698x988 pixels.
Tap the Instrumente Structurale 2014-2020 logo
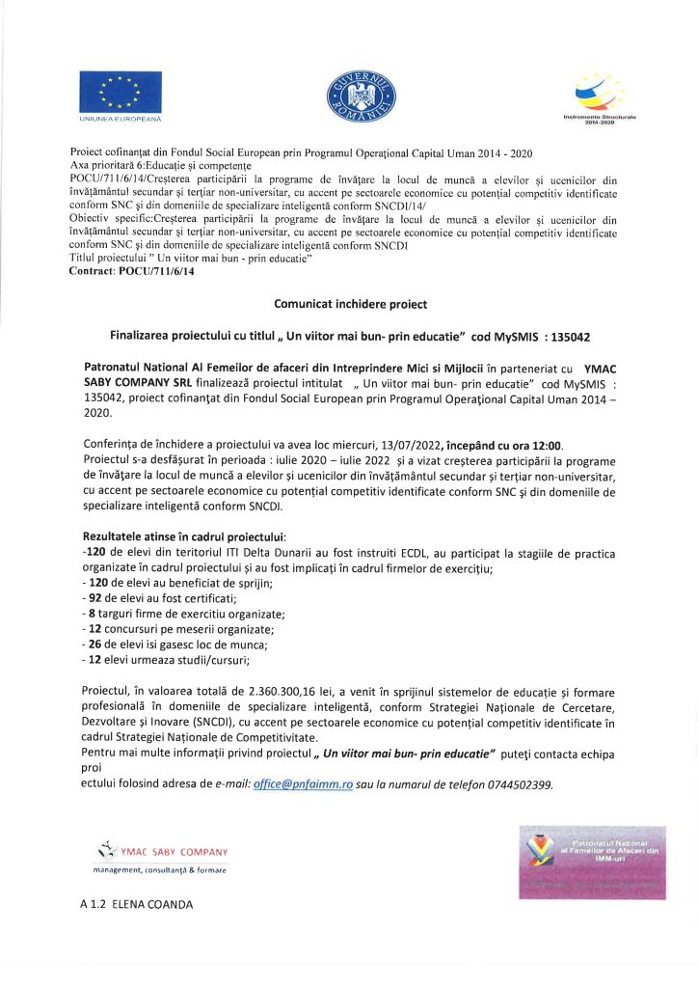600,92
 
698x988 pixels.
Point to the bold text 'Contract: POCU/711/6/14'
132,273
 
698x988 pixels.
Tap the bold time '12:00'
545,445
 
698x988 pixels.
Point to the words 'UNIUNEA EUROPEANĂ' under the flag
120,119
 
